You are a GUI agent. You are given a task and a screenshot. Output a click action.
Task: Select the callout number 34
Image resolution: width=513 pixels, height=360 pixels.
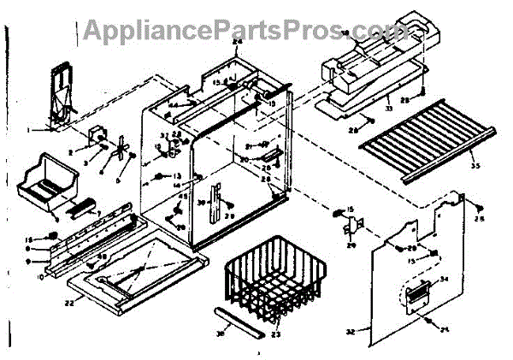[x=444, y=280]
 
